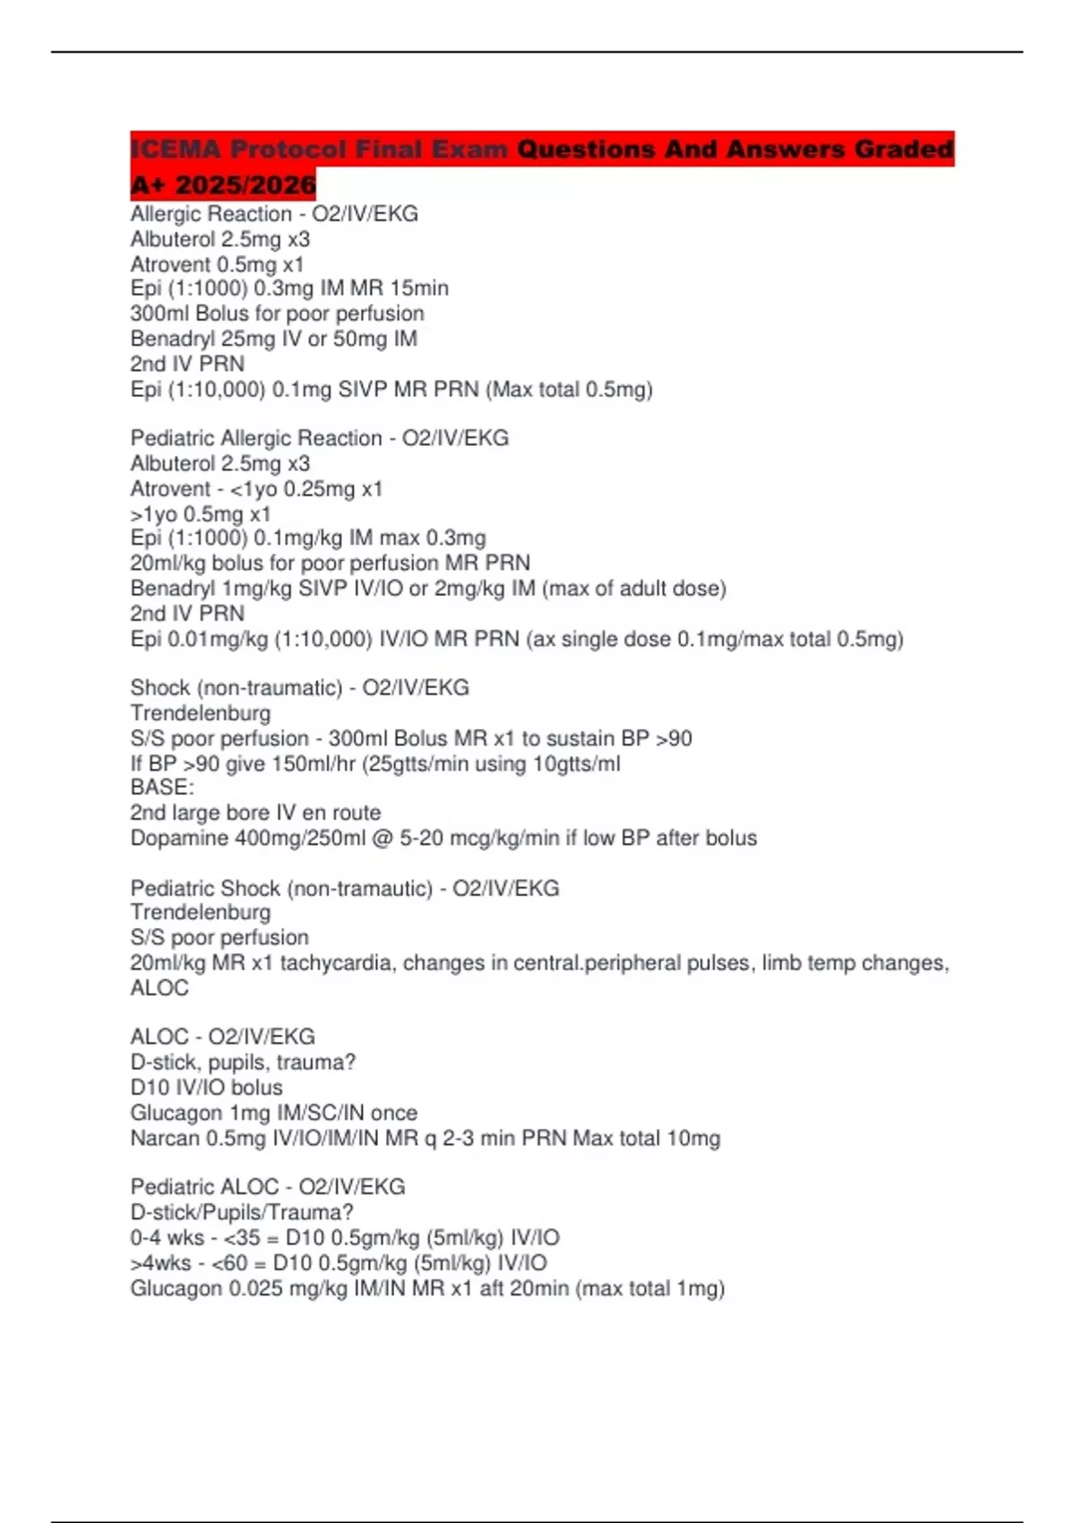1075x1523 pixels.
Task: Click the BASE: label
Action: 162,787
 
